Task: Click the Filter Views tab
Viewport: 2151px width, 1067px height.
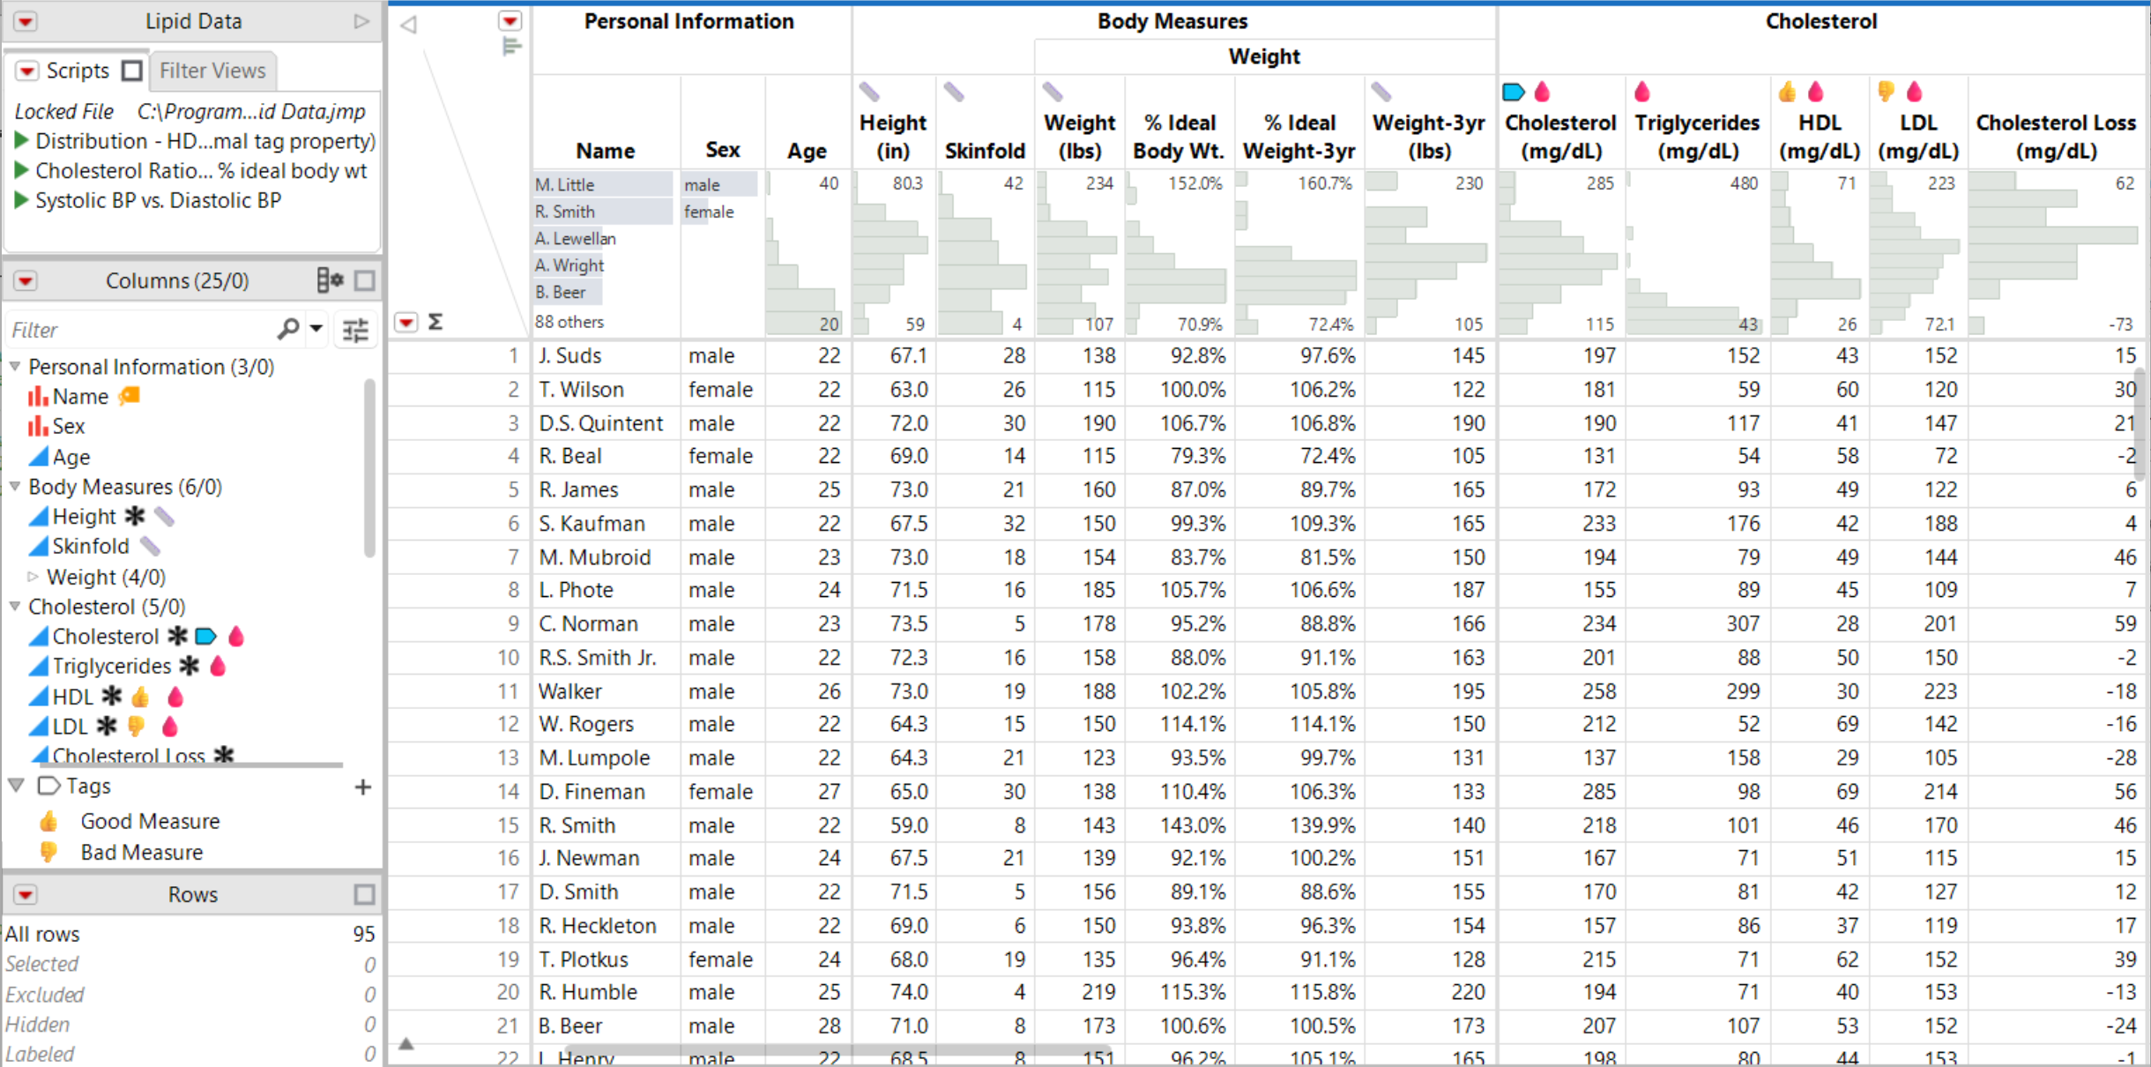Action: pos(212,71)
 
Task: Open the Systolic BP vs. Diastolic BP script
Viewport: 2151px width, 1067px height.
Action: pos(158,200)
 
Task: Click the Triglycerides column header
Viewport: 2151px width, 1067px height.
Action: pos(1696,136)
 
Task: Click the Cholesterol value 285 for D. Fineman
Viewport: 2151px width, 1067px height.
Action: pos(1598,792)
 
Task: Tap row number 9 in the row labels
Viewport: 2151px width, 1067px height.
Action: pos(512,624)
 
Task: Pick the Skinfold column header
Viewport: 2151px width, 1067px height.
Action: pos(984,151)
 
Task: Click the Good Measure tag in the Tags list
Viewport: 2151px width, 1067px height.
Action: pos(150,822)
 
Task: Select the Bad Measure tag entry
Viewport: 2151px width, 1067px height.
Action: pos(141,853)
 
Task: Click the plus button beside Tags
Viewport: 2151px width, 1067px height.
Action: pos(363,787)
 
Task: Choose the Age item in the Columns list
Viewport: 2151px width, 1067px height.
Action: pos(71,457)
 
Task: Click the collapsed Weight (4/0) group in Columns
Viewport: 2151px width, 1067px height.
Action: pos(106,578)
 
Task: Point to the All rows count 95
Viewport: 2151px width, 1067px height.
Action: pos(363,934)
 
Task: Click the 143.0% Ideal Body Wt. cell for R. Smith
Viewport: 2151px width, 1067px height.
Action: pos(1193,825)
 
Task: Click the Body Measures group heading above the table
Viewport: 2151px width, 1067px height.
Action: pos(1172,21)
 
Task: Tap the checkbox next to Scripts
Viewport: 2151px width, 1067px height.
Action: pos(132,71)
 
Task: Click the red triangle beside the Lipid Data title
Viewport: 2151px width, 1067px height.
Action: pos(26,21)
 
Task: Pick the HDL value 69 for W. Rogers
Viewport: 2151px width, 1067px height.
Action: pos(1847,724)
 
